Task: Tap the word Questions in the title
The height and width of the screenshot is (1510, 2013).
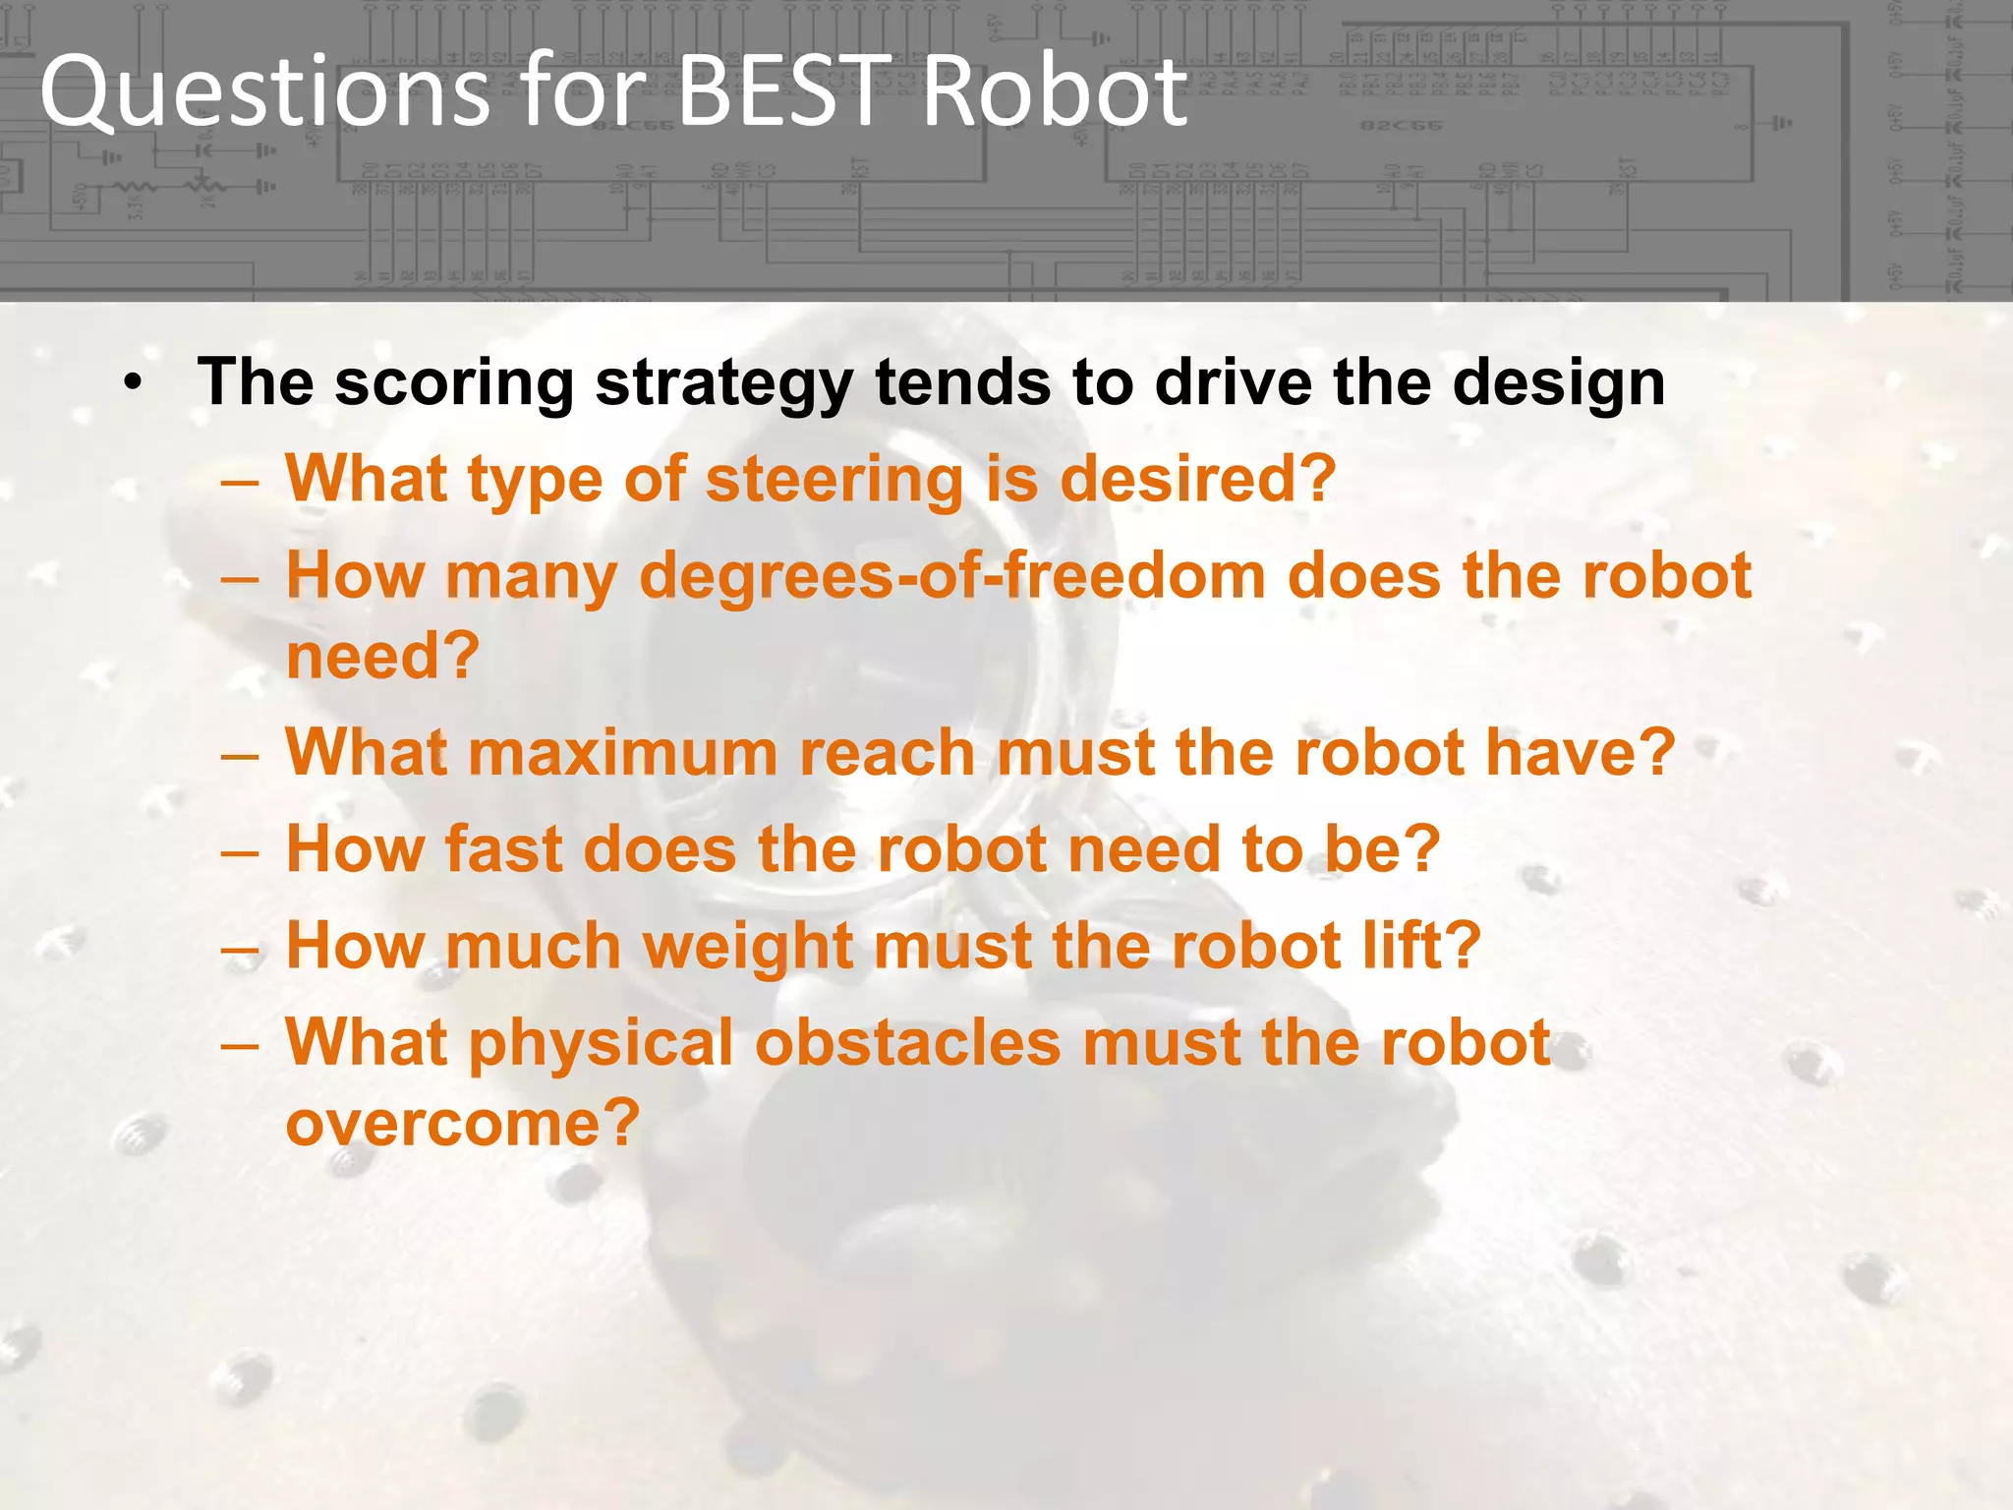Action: click(263, 93)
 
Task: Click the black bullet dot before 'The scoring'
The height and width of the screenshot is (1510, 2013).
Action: click(134, 381)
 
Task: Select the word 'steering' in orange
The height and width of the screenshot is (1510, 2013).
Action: click(834, 480)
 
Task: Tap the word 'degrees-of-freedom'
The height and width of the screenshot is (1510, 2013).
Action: click(951, 576)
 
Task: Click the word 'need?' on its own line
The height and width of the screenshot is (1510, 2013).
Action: click(382, 656)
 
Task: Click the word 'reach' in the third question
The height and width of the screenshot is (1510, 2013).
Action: click(887, 753)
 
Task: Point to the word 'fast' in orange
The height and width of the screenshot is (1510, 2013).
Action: click(502, 849)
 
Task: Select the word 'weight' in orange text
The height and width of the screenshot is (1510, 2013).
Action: click(747, 946)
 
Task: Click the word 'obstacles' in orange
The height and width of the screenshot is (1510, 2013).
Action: click(907, 1042)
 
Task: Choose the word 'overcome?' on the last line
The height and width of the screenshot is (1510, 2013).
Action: click(462, 1123)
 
